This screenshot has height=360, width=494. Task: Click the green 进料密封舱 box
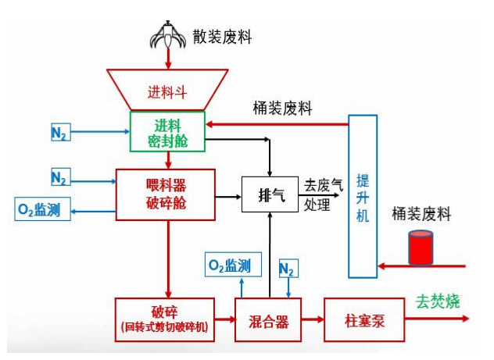(167, 131)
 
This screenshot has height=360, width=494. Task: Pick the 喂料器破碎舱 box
(167, 194)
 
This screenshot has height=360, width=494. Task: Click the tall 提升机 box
(362, 196)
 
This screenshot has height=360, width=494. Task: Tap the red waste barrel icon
(421, 248)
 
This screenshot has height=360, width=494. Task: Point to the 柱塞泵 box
(362, 319)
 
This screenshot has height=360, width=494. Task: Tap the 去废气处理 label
(324, 194)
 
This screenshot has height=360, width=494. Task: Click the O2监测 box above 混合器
(230, 266)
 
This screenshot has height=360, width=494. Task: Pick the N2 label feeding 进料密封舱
(59, 133)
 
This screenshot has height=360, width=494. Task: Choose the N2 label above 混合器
(287, 269)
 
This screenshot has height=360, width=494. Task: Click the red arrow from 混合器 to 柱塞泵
(312, 319)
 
